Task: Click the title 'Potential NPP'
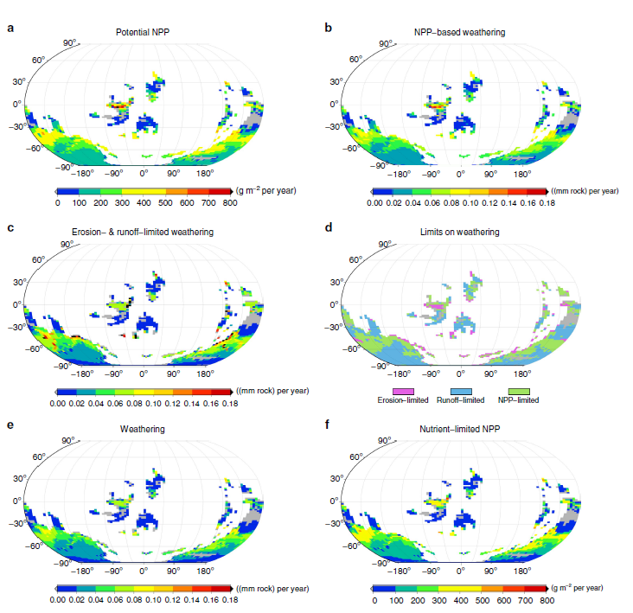click(x=143, y=32)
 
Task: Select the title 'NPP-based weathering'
click(x=459, y=32)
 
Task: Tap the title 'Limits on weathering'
click(x=459, y=232)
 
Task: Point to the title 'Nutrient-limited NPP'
click(x=459, y=429)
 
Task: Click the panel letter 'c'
click(x=10, y=228)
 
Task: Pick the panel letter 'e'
click(x=10, y=425)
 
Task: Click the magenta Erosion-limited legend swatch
click(x=403, y=392)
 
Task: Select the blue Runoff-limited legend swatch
click(x=461, y=392)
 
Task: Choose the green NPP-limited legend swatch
click(x=519, y=392)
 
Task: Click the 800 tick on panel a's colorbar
click(x=230, y=202)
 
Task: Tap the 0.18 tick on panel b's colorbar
click(x=547, y=202)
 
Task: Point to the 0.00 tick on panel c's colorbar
click(x=57, y=404)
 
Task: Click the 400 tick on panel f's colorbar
click(x=461, y=601)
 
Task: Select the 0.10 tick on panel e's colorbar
click(x=153, y=600)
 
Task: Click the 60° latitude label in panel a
click(x=38, y=61)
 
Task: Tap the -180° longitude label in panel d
click(x=399, y=374)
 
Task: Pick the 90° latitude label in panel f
click(x=384, y=440)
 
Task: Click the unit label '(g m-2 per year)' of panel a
click(x=266, y=190)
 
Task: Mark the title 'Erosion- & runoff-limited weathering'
click(x=143, y=232)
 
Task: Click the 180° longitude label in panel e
click(x=205, y=571)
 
